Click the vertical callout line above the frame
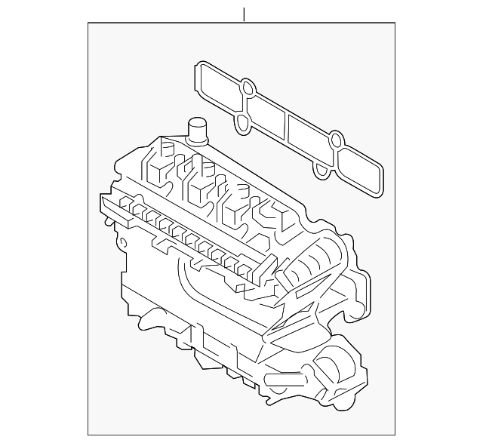pos(244,14)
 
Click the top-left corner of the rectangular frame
pos(88,23)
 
